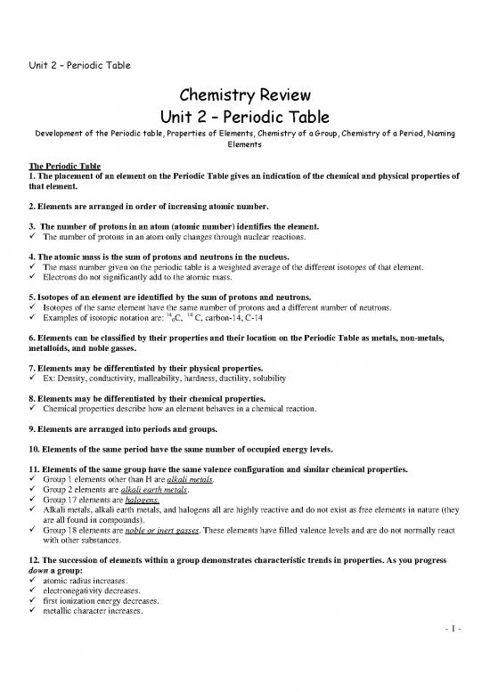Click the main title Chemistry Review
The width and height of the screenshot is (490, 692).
pos(244,96)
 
